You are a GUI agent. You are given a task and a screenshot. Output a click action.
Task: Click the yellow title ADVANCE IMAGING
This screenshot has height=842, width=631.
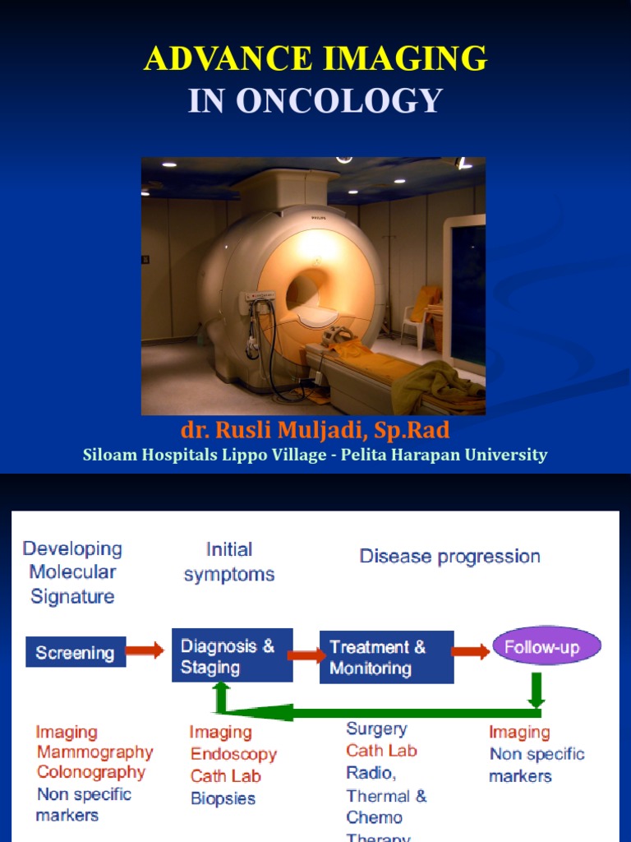[x=315, y=58]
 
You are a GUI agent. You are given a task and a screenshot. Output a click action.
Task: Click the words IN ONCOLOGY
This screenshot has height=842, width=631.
[x=315, y=100]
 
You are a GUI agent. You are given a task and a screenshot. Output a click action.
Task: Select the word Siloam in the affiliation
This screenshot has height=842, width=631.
[x=110, y=455]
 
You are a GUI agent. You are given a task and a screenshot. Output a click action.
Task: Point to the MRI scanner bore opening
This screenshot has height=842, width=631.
[x=308, y=288]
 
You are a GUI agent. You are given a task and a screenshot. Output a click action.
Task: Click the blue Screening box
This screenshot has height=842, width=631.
[x=75, y=653]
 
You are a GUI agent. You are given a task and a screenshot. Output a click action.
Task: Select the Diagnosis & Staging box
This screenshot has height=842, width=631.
[x=232, y=656]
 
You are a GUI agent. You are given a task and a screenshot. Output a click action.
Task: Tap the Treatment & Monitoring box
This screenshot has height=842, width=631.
[x=386, y=658]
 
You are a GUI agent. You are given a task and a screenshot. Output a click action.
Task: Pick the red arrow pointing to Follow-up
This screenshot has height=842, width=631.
[x=471, y=651]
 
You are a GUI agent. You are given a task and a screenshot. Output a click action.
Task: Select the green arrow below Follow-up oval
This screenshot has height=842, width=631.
[x=536, y=690]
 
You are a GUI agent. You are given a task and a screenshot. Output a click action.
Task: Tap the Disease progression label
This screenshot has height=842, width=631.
[x=449, y=557]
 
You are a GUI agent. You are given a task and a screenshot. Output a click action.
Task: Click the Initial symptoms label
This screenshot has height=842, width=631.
[x=229, y=562]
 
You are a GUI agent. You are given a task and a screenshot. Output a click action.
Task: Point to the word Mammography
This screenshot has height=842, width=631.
[x=95, y=752]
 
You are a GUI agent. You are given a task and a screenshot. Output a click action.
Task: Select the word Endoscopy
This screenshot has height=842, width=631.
[x=233, y=754]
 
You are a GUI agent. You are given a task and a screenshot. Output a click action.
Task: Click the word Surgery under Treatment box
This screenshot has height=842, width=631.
[x=376, y=729]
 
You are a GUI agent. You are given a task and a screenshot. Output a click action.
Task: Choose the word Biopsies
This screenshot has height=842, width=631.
[x=223, y=798]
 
